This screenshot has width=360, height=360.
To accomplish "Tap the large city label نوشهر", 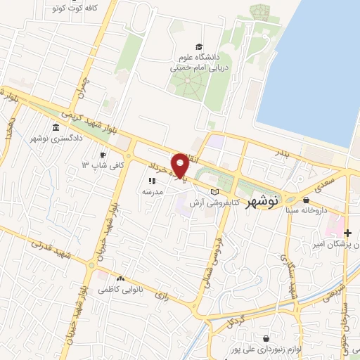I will (x=264, y=200).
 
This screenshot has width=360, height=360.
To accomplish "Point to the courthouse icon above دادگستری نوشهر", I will (x=56, y=128).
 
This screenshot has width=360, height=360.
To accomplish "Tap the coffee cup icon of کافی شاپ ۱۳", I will (x=103, y=155).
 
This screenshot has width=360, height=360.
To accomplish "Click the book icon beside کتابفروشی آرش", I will (x=215, y=191).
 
